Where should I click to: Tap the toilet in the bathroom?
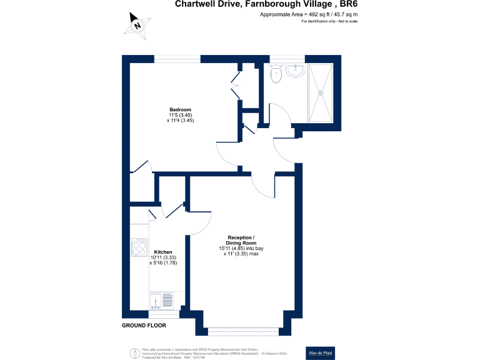point(276,74)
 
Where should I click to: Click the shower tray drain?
point(322,94)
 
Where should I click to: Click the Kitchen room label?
point(163,252)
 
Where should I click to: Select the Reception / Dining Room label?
point(241,241)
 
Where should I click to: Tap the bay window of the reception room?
point(244,331)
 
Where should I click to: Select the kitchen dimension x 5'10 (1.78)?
point(164,263)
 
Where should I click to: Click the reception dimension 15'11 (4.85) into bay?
point(241,248)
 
